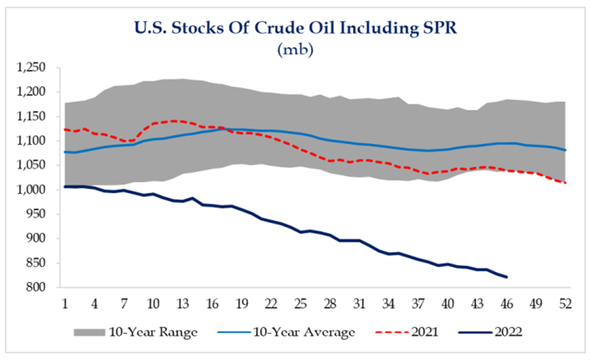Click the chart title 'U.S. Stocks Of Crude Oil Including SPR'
[295, 27]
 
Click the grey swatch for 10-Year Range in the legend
[89, 332]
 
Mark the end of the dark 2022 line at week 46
[506, 277]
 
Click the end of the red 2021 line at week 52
[565, 183]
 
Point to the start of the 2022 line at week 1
[65, 186]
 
